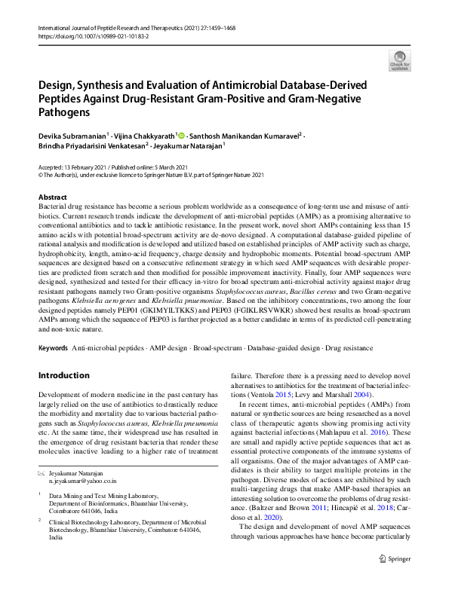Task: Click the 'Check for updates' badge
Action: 399,60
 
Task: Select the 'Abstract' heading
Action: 53,196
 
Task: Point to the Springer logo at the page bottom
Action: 390,580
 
